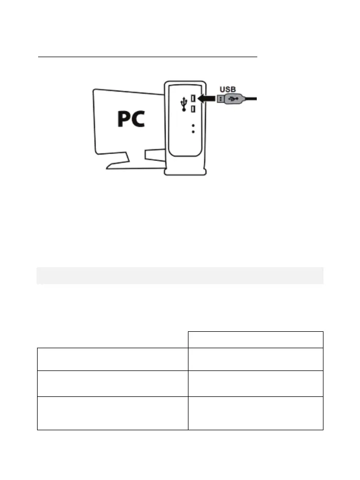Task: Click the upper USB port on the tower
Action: click(x=193, y=98)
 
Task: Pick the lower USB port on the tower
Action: click(x=193, y=108)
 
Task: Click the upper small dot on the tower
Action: click(x=193, y=126)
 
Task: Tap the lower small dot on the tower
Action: click(x=193, y=132)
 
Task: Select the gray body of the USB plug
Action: click(x=235, y=98)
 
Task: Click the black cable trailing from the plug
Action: click(x=251, y=98)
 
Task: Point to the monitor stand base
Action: click(x=132, y=165)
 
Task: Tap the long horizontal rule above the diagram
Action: click(x=147, y=56)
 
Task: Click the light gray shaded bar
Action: click(x=180, y=275)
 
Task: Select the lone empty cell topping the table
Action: click(x=256, y=339)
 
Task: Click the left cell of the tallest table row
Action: click(x=113, y=413)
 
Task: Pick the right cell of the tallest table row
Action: click(x=256, y=413)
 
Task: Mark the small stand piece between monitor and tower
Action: click(x=155, y=154)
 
